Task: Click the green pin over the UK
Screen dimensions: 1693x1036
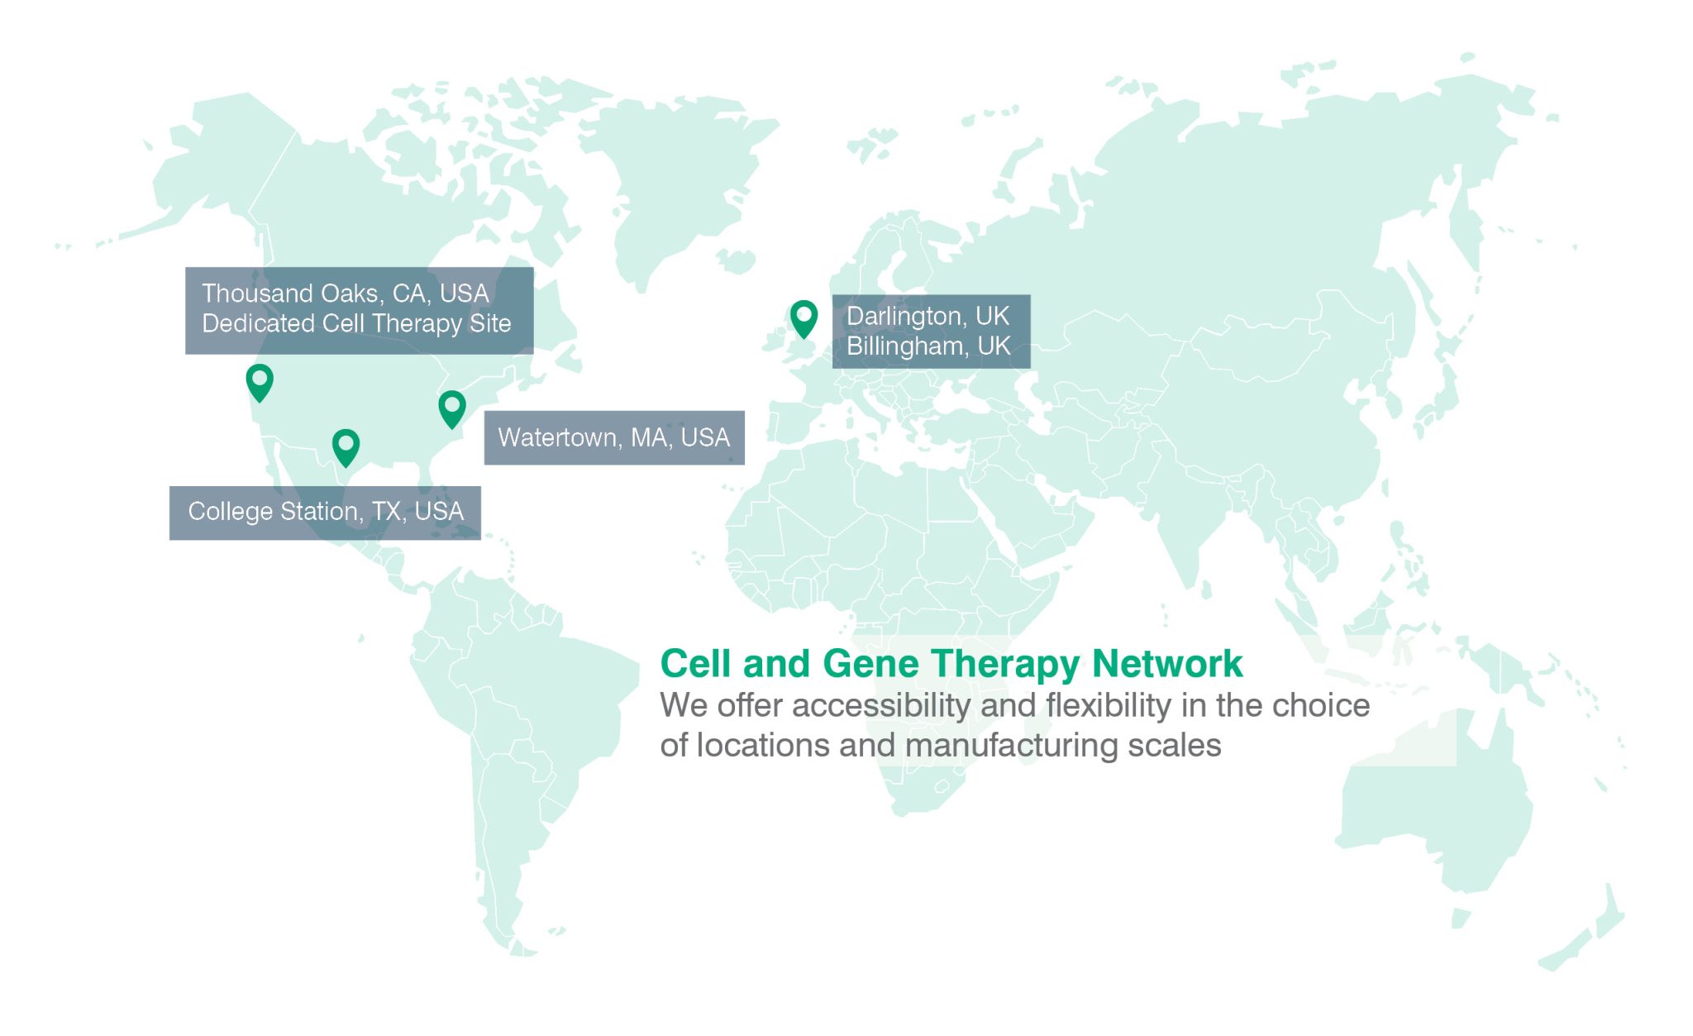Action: coord(804,318)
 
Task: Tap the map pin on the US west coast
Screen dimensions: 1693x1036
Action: coord(260,382)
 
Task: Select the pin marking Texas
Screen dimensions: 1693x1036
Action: coord(346,447)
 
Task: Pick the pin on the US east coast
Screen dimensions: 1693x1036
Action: coord(452,408)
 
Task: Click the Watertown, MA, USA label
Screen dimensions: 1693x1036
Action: coord(614,437)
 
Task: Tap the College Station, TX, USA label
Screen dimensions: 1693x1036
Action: coord(325,513)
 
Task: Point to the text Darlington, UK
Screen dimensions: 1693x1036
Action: coord(928,317)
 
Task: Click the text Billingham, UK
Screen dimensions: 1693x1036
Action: coord(928,346)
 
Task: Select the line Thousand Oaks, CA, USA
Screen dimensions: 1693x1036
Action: coord(346,294)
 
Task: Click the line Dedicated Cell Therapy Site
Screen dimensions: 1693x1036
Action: coord(356,323)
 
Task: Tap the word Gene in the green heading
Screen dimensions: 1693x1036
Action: coord(871,664)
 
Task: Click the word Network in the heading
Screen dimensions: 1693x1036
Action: coord(1167,664)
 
